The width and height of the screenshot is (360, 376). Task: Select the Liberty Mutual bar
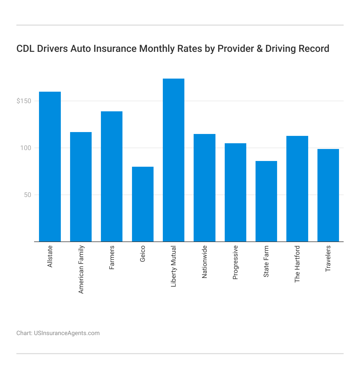click(173, 160)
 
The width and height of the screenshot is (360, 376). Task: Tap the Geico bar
click(143, 204)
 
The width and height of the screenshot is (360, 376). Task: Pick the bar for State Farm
click(266, 201)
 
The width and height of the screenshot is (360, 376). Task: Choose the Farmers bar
click(112, 177)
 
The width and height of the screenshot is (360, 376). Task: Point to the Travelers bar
click(328, 195)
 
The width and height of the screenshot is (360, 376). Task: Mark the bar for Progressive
click(235, 192)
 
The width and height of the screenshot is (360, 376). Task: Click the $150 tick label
click(24, 101)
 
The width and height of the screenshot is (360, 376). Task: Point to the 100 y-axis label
click(26, 148)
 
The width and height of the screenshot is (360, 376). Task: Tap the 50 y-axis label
click(28, 195)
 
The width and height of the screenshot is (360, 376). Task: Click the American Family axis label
click(81, 270)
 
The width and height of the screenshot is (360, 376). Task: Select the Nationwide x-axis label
click(205, 262)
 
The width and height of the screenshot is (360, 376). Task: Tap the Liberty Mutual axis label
click(174, 266)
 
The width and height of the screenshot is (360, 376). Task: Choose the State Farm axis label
click(266, 261)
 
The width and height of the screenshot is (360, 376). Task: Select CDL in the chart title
click(25, 49)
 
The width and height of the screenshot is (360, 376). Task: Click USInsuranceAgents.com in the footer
click(67, 333)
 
